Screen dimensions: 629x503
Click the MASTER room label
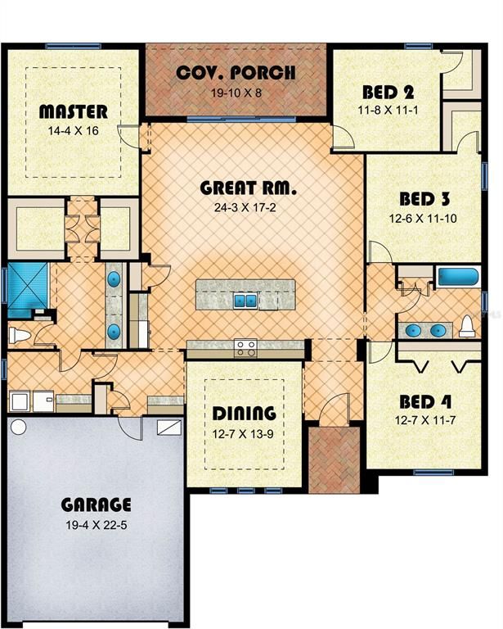[73, 111]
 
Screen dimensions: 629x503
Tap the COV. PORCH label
[236, 72]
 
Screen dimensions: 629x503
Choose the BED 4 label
[426, 402]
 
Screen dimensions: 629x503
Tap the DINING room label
[244, 413]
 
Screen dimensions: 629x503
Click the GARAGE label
[97, 505]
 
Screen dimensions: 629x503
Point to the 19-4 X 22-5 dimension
[97, 525]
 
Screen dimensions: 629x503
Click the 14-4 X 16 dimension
[74, 130]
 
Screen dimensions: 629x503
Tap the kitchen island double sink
[245, 300]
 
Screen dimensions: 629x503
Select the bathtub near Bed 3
[456, 276]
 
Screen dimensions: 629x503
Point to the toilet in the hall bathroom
[467, 327]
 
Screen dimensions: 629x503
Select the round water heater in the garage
[18, 427]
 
